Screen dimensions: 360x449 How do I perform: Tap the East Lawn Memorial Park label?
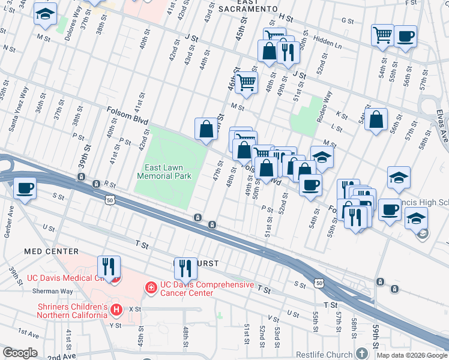point(164,172)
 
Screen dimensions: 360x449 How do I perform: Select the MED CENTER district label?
point(51,251)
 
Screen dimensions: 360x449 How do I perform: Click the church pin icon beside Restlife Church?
point(361,353)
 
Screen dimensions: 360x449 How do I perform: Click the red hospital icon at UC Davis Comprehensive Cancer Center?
point(150,289)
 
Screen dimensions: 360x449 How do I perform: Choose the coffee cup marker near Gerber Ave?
point(25,188)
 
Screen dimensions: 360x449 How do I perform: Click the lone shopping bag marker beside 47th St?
point(206,129)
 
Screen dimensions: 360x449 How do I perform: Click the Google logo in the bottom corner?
point(20,353)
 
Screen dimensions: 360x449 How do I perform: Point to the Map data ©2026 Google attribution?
point(411,355)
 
